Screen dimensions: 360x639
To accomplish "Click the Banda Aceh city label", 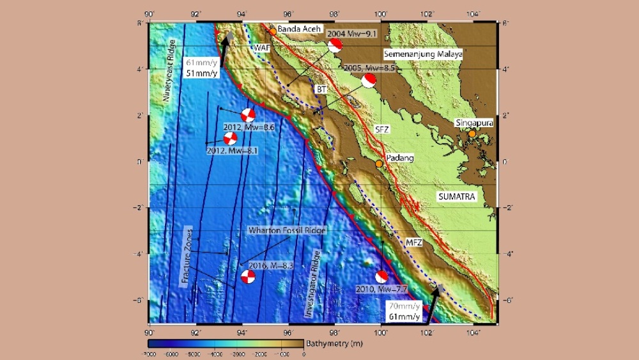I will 299,29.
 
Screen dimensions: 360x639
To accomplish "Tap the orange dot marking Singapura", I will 472,134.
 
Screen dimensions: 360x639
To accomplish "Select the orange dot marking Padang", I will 379,164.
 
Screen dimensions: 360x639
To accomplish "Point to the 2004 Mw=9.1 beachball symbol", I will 335,45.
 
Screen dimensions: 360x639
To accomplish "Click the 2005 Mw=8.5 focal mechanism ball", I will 369,81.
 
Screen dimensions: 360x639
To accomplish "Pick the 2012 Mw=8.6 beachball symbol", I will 249,116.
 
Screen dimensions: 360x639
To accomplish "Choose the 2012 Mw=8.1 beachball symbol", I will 231,138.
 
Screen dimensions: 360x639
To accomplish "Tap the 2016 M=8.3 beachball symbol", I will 248,277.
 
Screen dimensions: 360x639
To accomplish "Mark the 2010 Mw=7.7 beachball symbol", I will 381,277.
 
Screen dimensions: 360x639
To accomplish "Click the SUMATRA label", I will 457,197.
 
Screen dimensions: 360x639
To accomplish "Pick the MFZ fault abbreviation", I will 414,242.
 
